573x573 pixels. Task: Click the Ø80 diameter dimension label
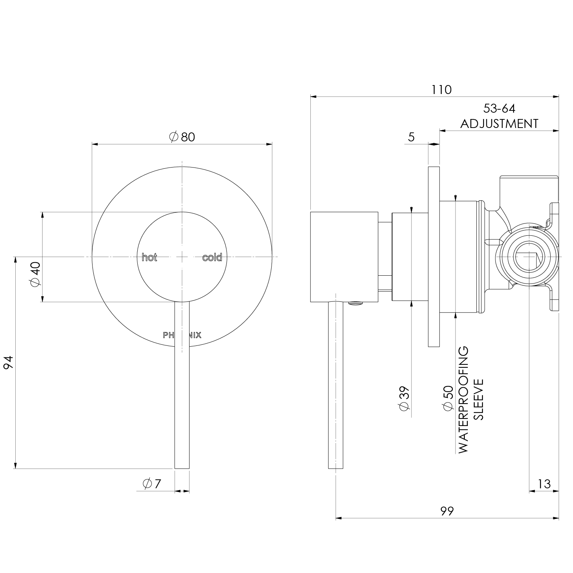tap(182, 137)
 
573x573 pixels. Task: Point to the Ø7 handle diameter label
tap(152, 484)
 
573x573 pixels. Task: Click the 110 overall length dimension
tap(441, 90)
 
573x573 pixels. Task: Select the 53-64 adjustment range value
tap(499, 109)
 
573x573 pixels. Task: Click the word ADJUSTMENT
tap(499, 123)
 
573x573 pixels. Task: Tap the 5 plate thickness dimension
tap(411, 137)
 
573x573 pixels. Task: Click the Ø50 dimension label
tap(448, 398)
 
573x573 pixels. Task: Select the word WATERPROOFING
tap(463, 400)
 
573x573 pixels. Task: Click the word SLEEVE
tap(478, 400)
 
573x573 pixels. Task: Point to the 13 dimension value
tap(544, 484)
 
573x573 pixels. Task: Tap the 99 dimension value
tap(447, 511)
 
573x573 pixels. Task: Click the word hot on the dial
tap(150, 257)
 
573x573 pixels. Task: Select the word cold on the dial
tap(212, 257)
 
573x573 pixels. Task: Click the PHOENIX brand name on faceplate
tap(182, 335)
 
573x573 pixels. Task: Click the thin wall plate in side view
tap(434, 257)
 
